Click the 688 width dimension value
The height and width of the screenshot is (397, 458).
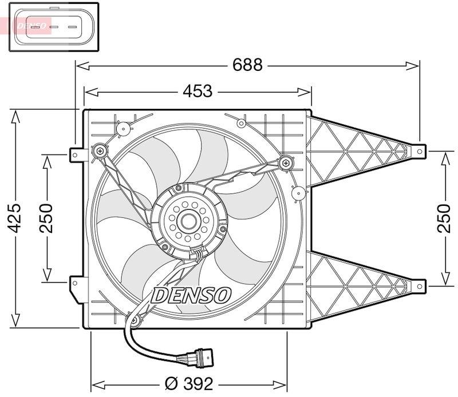coord(247,65)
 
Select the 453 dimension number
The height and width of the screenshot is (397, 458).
coord(197,90)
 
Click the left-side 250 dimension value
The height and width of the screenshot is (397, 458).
coord(47,217)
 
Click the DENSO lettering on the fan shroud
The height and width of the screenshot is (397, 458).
coord(192,295)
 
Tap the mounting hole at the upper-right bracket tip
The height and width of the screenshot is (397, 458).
coord(419,151)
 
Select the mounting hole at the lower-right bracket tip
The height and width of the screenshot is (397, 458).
coord(419,284)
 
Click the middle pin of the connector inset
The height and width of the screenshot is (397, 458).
coord(56,26)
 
